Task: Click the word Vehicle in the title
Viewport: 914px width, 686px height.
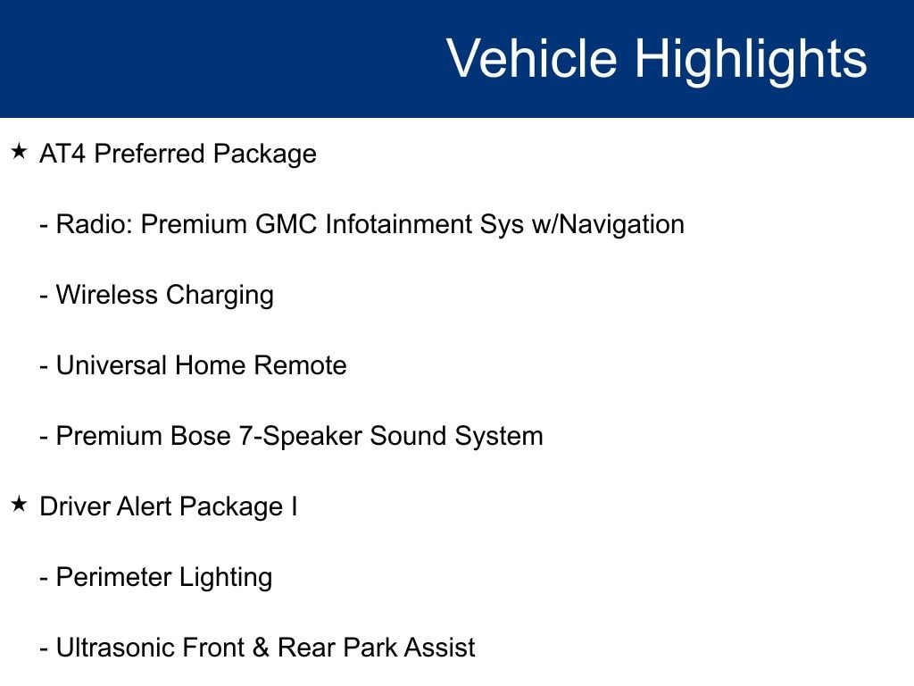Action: point(532,58)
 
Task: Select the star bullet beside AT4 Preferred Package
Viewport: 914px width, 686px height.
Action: point(19,152)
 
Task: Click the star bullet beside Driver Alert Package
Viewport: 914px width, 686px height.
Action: point(19,504)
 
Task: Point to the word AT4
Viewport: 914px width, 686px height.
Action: point(62,154)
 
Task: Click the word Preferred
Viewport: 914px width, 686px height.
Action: point(149,154)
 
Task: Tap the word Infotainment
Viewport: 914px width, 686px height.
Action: point(399,224)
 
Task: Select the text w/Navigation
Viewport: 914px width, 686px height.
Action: point(608,225)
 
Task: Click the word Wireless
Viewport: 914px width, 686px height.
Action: point(107,295)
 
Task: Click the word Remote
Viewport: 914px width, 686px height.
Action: point(300,365)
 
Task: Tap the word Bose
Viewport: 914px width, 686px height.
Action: point(201,436)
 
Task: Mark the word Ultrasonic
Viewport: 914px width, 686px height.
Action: point(114,648)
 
